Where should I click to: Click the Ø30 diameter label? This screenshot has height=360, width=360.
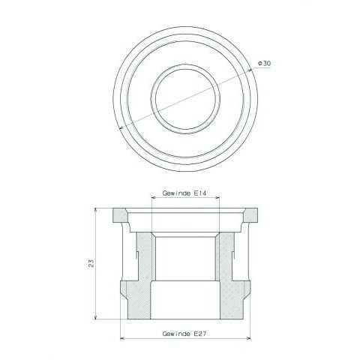click(x=264, y=64)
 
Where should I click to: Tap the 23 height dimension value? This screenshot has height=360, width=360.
click(x=91, y=263)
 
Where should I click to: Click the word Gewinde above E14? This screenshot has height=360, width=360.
click(x=177, y=193)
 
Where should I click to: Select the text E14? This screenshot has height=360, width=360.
click(x=200, y=193)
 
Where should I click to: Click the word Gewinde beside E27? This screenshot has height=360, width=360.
click(x=177, y=334)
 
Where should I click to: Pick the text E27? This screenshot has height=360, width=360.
click(x=200, y=334)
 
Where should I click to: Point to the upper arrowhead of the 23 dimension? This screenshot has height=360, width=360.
click(x=95, y=210)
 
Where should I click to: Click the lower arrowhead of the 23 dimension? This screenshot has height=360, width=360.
click(x=95, y=317)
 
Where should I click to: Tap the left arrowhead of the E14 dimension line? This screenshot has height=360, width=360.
click(x=154, y=197)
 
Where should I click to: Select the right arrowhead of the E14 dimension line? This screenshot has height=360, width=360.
click(x=217, y=197)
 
